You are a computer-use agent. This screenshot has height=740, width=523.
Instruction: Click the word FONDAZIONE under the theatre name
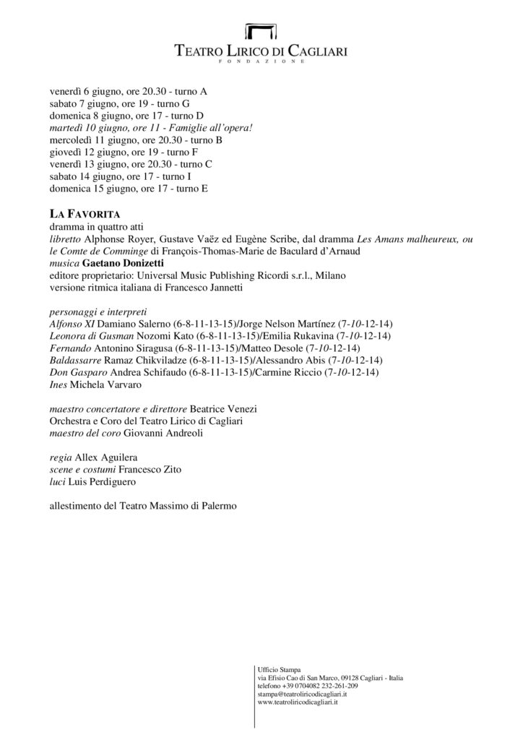point(261,64)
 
